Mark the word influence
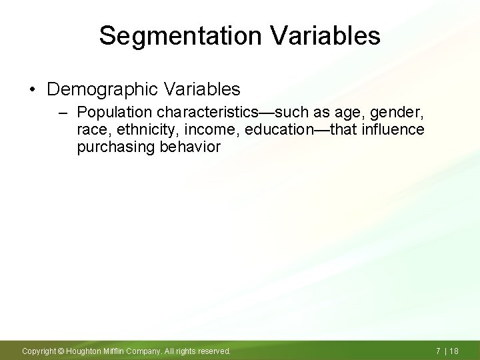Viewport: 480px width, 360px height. coord(393,129)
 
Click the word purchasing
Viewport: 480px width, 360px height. coord(116,147)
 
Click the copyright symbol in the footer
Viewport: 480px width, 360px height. coord(60,351)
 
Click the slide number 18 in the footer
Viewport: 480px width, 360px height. coord(455,351)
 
